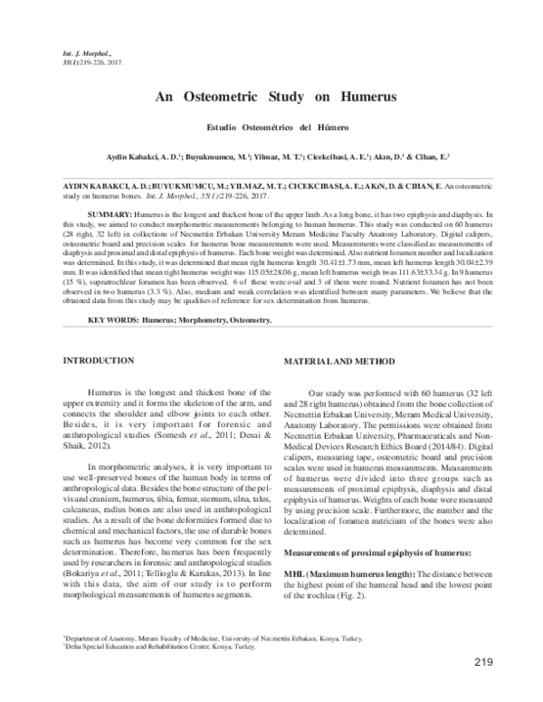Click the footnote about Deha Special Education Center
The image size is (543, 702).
pos(153,646)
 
